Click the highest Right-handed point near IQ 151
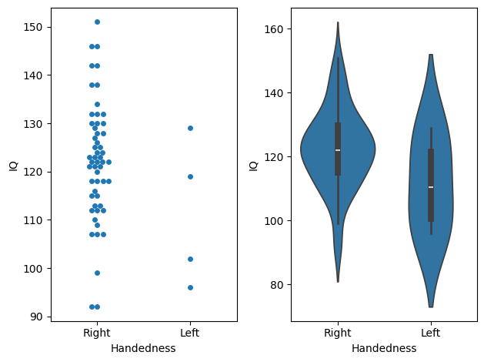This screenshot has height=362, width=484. point(97,22)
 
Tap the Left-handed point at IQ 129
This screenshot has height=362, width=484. point(190,128)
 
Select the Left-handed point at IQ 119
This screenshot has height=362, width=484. point(190,176)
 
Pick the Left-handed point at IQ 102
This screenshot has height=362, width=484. point(190,259)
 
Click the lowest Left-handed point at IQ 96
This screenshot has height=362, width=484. point(190,287)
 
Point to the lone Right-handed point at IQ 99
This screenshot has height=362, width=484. point(97,273)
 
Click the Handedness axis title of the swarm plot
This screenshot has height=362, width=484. point(143,349)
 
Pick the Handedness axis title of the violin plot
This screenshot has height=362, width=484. point(384,349)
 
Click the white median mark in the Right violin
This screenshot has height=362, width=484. point(338,150)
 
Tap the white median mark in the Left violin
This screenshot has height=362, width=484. point(431,187)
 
